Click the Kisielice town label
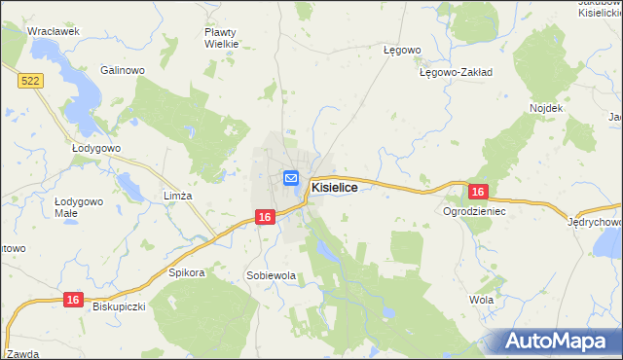pos(340,186)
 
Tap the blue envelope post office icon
pos(291,178)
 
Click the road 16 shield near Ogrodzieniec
pos(477,193)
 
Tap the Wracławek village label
pos(53,31)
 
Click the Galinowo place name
pos(123,71)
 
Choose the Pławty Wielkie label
pos(221,38)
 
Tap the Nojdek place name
pos(546,108)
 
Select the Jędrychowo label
pos(595,222)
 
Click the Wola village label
pos(481,300)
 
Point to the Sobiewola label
pos(271,276)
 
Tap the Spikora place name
pos(187,273)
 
